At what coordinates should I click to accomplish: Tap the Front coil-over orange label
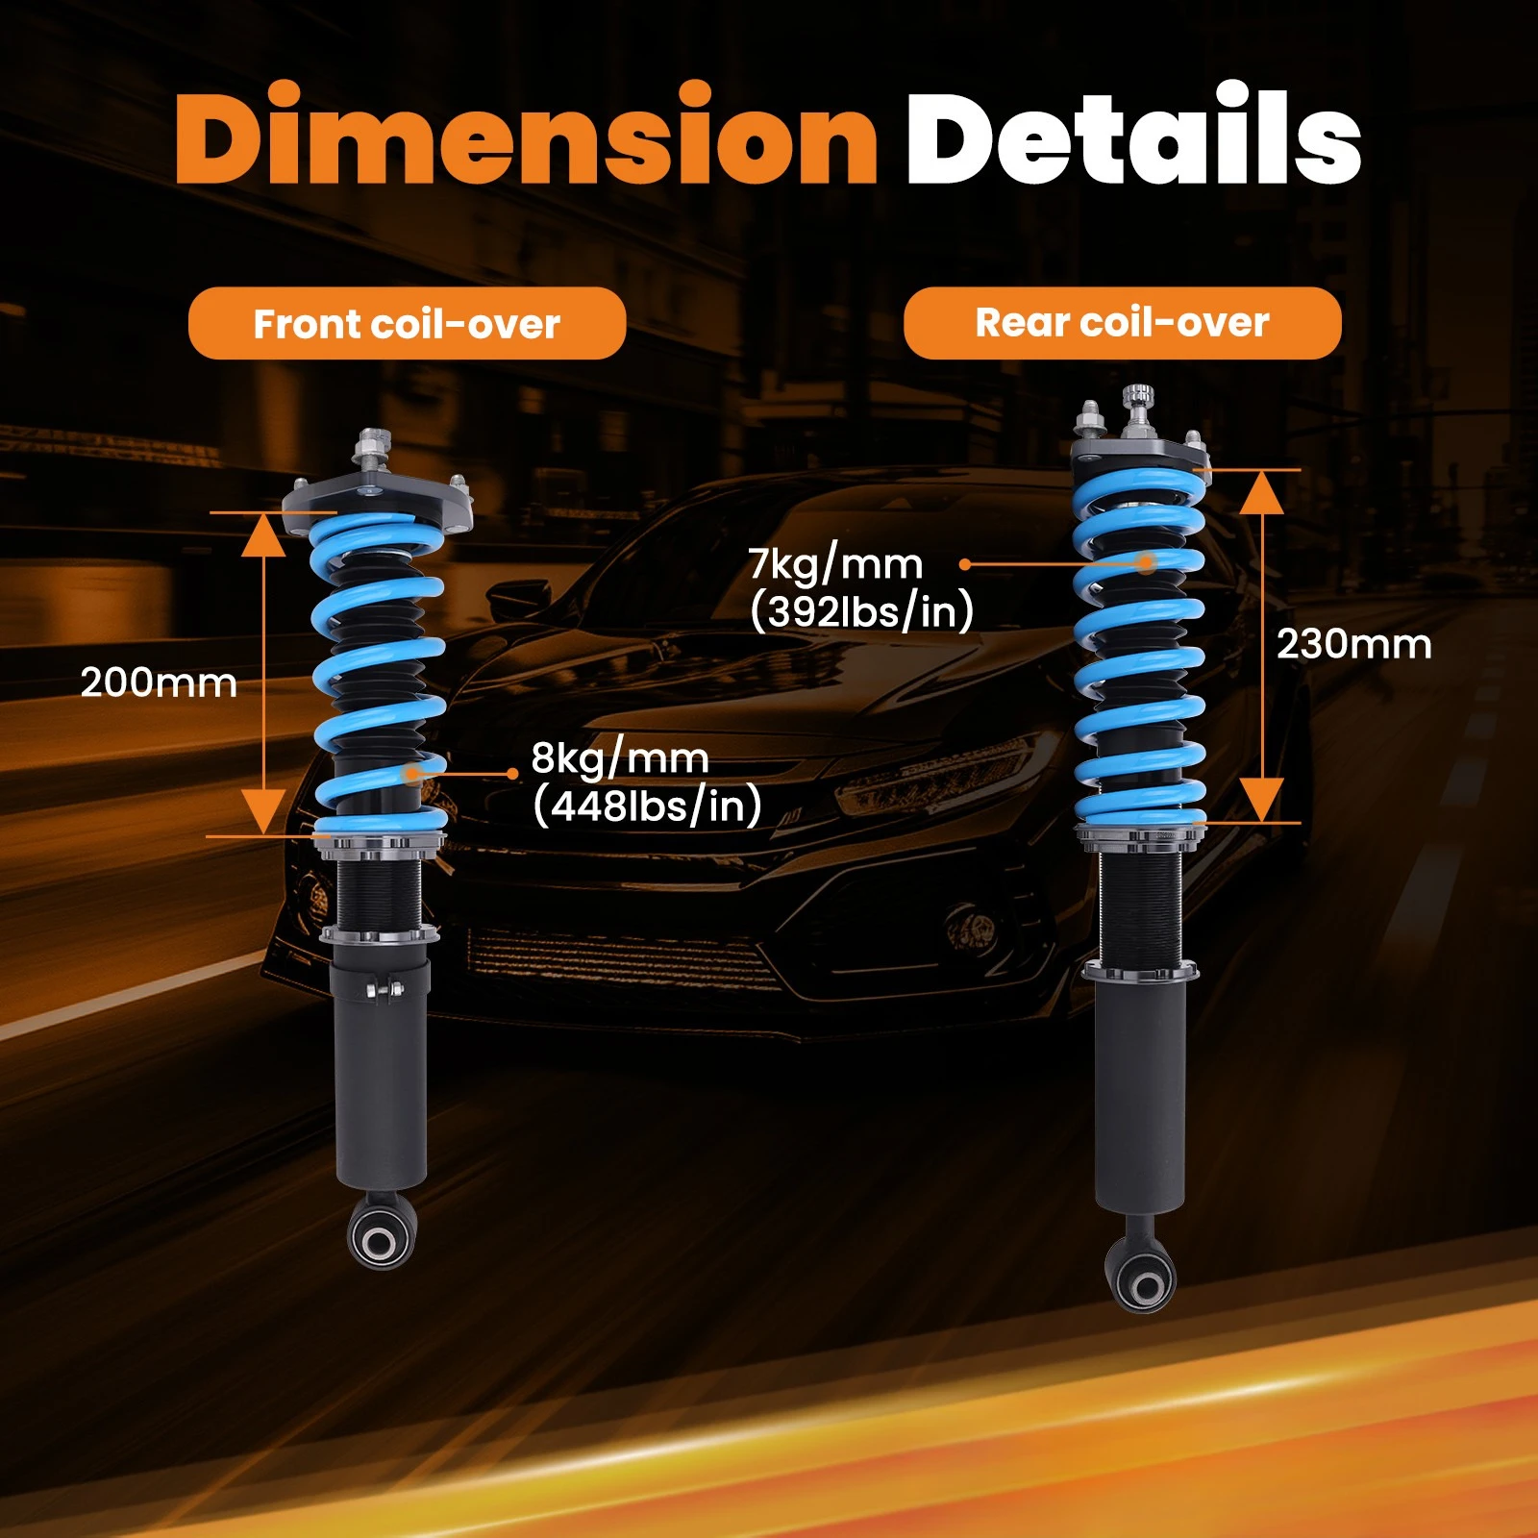click(407, 324)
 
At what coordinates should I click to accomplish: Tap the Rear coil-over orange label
click(1122, 323)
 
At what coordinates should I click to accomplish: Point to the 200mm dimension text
click(159, 682)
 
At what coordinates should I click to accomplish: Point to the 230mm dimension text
click(1353, 644)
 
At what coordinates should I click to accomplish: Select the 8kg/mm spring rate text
click(620, 759)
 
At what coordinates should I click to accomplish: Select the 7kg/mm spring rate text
click(835, 564)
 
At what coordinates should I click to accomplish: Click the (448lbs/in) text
click(647, 806)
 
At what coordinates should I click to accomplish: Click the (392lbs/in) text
click(861, 611)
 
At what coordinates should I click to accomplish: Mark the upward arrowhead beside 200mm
click(262, 534)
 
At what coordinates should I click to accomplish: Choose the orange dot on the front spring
click(412, 772)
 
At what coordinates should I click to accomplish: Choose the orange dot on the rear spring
click(1146, 563)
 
